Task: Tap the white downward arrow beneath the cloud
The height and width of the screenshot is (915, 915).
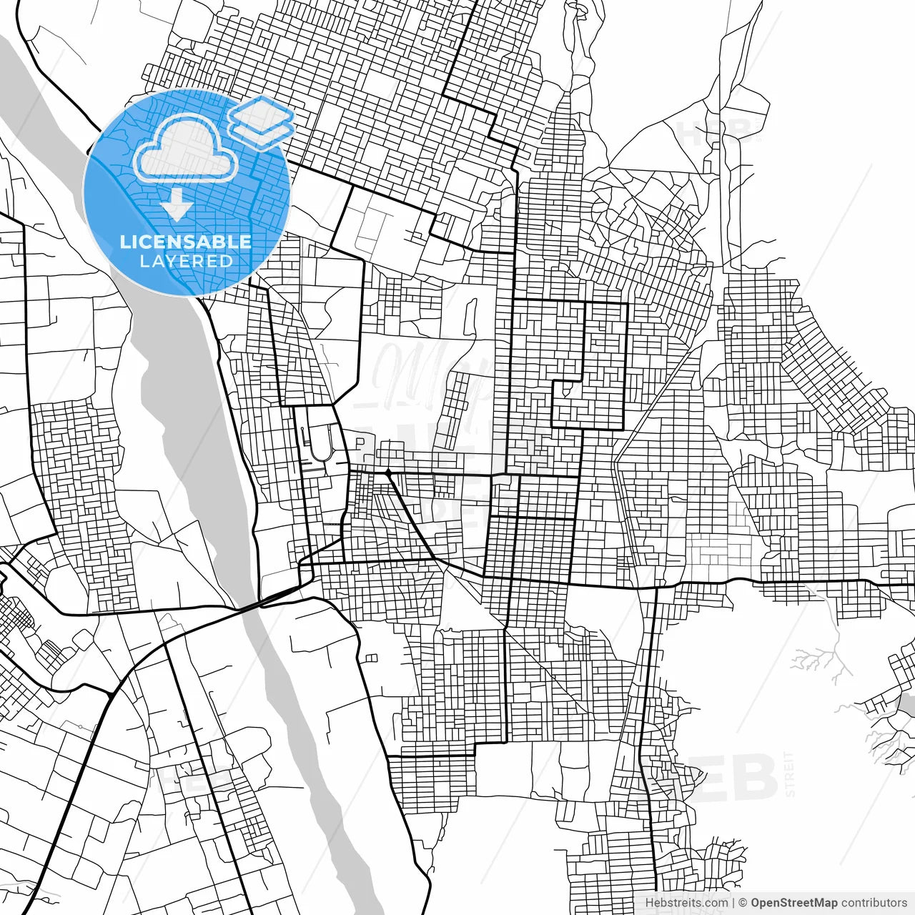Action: (x=176, y=205)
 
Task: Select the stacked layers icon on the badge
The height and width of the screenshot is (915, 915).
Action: (x=261, y=122)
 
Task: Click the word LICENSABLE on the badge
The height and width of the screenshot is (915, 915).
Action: (x=186, y=242)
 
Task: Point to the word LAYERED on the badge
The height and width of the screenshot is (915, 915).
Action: (x=186, y=261)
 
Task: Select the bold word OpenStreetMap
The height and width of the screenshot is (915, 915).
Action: (x=794, y=903)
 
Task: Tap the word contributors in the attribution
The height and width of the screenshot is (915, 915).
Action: (x=874, y=903)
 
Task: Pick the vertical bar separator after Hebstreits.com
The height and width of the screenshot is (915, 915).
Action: (x=733, y=903)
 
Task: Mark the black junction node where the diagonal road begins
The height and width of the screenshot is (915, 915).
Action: (x=387, y=473)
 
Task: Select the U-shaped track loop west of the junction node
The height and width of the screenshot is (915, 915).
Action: (x=318, y=443)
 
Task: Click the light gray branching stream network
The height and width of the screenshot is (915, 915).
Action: (x=822, y=658)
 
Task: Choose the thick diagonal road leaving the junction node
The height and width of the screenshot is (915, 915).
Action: (x=411, y=516)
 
